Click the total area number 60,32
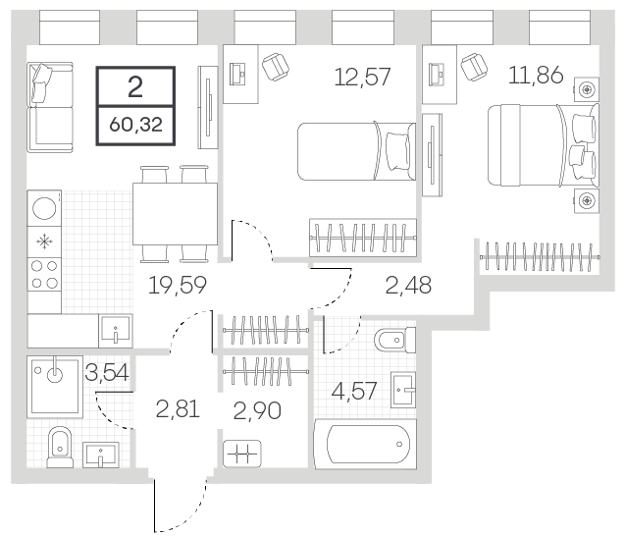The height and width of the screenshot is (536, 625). (x=135, y=125)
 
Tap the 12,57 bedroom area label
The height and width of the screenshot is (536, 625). (x=362, y=77)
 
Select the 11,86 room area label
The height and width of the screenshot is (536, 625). (x=536, y=75)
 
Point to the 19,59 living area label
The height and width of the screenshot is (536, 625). (x=178, y=285)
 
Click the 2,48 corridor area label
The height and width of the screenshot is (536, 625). (x=408, y=286)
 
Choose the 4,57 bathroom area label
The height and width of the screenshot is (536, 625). (x=354, y=391)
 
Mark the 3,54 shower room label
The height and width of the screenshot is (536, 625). (x=106, y=373)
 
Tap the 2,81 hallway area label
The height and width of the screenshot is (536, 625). (x=178, y=409)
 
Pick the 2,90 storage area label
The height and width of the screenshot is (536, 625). (x=257, y=410)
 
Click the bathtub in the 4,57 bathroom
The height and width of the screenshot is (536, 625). (x=366, y=444)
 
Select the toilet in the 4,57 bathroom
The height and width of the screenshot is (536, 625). (x=395, y=341)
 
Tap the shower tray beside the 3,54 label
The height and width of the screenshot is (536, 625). (x=55, y=387)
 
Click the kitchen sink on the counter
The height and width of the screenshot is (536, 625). (x=116, y=331)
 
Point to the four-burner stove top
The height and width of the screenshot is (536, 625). (x=44, y=275)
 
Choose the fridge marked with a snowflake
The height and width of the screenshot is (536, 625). (x=44, y=242)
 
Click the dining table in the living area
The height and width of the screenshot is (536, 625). (x=175, y=213)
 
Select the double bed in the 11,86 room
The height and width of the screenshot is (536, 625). (x=544, y=145)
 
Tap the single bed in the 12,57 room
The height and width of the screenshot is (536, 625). (x=357, y=151)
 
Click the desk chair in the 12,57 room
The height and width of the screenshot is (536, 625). (x=276, y=65)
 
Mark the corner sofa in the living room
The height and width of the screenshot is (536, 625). (x=50, y=107)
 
